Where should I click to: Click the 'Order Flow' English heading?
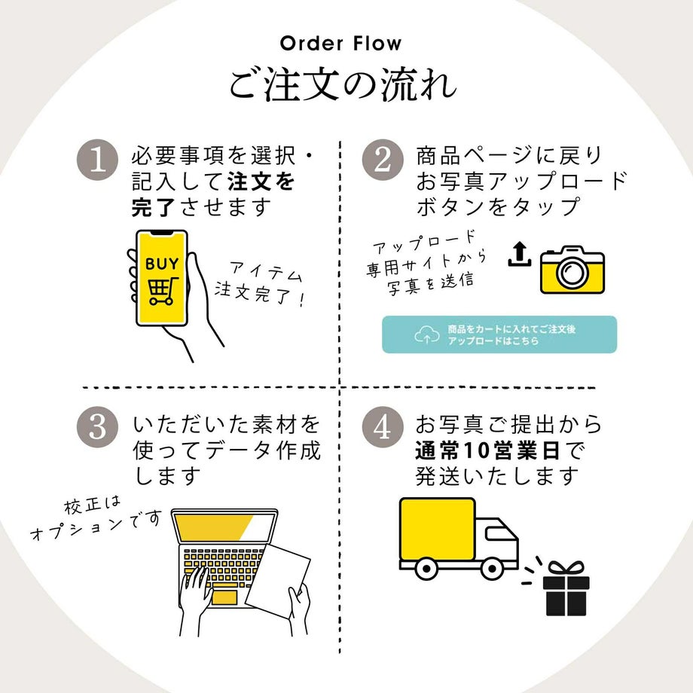[x=341, y=43]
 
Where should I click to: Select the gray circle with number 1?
[x=98, y=160]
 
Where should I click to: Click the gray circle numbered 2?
[x=383, y=160]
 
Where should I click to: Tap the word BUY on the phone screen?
[x=162, y=264]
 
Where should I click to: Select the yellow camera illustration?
[x=572, y=269]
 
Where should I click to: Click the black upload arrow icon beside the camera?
[x=519, y=255]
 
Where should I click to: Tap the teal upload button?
[x=499, y=334]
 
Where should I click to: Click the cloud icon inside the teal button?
[x=426, y=335]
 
